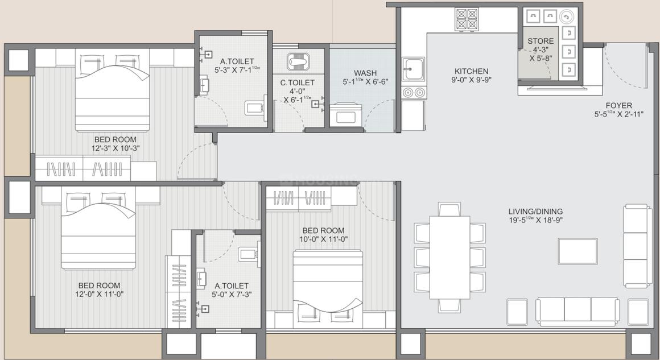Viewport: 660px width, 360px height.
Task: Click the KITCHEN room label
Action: (x=471, y=71)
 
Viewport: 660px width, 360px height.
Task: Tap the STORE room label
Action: (x=540, y=41)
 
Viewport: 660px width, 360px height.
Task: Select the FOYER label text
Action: (x=618, y=105)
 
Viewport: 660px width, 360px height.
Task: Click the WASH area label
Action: (x=365, y=73)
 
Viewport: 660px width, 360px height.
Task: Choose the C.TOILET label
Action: (x=297, y=83)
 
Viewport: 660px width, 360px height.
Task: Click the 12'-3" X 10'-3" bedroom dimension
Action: (x=115, y=148)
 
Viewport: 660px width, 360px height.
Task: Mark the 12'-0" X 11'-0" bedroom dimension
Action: (x=100, y=295)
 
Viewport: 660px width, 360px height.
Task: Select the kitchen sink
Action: (x=414, y=71)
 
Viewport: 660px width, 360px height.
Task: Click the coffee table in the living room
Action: (x=577, y=251)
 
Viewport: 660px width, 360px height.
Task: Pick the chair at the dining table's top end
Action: (x=449, y=209)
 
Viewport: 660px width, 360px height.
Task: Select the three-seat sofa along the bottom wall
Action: (x=577, y=311)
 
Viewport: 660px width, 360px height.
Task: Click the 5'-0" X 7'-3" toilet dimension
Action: (x=232, y=295)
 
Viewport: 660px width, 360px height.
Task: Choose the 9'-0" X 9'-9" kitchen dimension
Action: (x=471, y=80)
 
